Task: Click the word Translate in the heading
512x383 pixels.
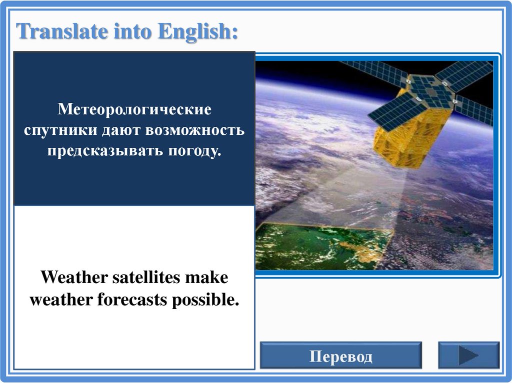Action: click(x=62, y=31)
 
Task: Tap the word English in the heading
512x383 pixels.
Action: click(x=198, y=32)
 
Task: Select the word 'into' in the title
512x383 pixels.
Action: click(x=133, y=31)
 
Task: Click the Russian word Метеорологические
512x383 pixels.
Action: click(x=134, y=109)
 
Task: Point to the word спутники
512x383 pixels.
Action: click(x=60, y=130)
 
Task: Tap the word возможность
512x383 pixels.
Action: click(x=195, y=130)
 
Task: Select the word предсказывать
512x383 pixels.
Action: click(x=105, y=151)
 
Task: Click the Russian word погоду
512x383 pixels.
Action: click(x=195, y=151)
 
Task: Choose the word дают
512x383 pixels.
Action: click(x=121, y=130)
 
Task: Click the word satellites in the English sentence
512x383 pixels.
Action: click(x=146, y=278)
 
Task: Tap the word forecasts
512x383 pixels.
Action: click(x=133, y=300)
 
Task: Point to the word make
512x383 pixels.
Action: click(x=206, y=278)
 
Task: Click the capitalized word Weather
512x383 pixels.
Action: click(x=74, y=278)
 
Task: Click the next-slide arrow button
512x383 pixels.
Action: click(x=468, y=355)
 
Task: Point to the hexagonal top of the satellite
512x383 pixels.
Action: click(x=430, y=92)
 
